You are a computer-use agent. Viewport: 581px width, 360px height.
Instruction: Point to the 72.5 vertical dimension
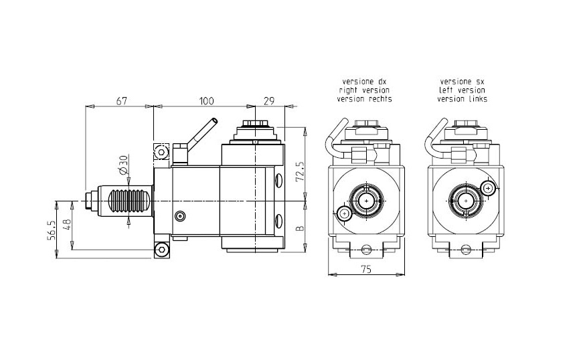click(300, 172)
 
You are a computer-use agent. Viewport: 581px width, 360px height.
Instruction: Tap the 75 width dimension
click(365, 269)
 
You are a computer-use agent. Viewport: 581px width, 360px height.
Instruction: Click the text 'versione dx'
click(365, 80)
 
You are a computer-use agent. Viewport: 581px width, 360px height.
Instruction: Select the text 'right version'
click(365, 90)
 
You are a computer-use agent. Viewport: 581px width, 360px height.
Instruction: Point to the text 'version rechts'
click(365, 98)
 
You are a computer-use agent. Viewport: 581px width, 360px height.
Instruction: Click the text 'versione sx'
click(462, 80)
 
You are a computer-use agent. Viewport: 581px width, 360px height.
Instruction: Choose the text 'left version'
click(462, 90)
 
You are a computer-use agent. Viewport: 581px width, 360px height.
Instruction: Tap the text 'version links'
click(462, 98)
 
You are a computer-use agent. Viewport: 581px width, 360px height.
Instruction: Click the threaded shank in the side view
click(128, 201)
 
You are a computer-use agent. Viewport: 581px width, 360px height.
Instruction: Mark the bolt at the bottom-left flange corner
click(161, 250)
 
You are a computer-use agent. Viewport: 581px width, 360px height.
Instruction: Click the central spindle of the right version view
click(367, 199)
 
